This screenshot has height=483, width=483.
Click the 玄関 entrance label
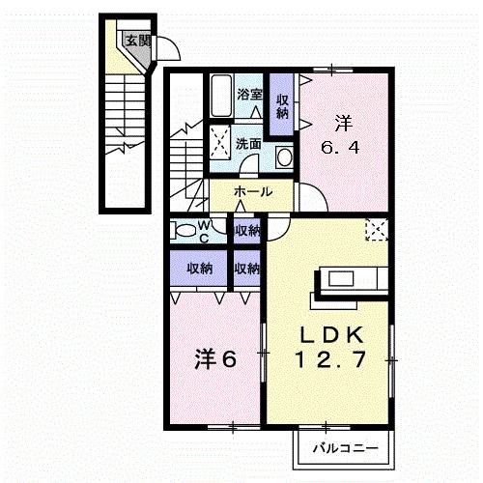click(x=137, y=41)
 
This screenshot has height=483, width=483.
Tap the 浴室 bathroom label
click(x=249, y=95)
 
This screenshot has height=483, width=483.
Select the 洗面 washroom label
click(x=248, y=143)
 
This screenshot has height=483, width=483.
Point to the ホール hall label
click(x=252, y=192)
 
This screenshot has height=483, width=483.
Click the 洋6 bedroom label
click(x=217, y=359)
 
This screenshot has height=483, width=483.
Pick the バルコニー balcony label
click(x=338, y=448)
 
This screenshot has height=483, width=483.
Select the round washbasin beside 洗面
click(x=284, y=156)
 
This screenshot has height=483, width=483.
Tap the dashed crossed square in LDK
click(x=376, y=229)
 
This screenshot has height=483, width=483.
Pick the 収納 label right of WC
click(x=247, y=230)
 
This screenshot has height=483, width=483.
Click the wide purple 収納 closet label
click(x=200, y=268)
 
